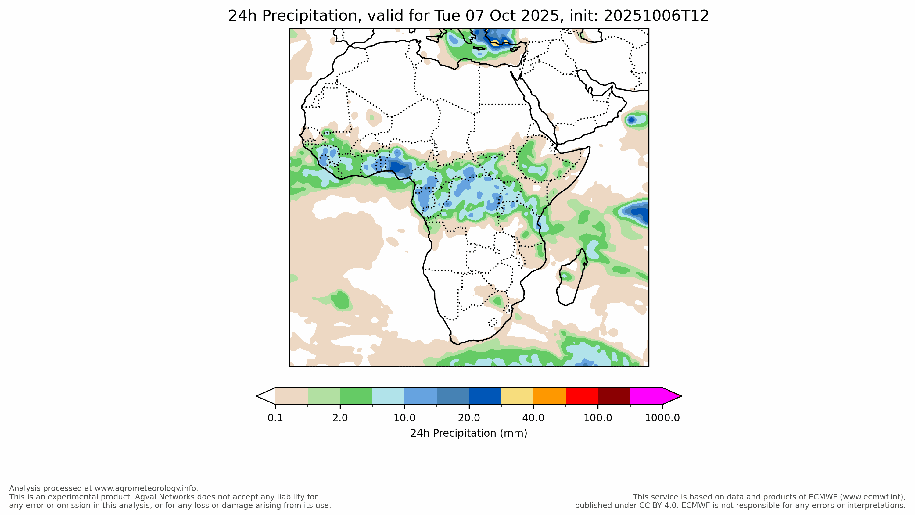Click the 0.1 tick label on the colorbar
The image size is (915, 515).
275,418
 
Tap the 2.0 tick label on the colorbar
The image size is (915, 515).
340,418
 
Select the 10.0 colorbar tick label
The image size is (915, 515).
404,418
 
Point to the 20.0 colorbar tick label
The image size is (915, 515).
469,418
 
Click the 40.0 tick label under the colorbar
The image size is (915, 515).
533,418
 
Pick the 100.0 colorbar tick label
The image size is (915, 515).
598,418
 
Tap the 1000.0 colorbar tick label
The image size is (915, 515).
662,418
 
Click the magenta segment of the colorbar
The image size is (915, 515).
646,396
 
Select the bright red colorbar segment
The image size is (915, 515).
581,396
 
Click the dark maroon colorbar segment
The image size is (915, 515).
614,396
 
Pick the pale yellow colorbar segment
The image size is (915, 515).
517,396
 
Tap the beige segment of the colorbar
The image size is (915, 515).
291,396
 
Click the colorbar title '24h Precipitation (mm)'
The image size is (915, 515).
468,433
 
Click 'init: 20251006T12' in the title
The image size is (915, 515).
639,16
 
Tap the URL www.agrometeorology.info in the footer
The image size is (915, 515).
145,488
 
